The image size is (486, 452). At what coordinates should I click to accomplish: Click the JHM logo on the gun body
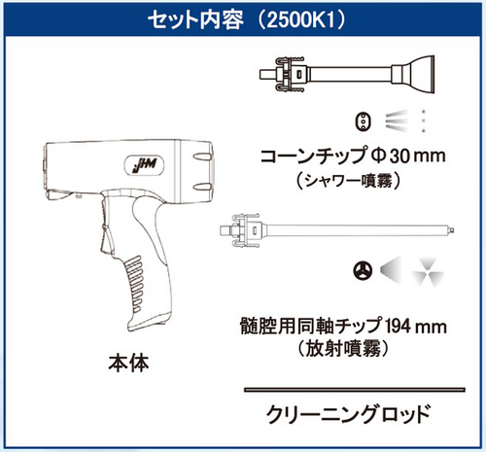(144, 166)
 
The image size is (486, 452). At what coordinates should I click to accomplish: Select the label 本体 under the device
(129, 364)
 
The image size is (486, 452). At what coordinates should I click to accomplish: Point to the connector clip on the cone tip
(290, 74)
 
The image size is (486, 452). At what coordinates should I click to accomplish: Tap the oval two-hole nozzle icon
(364, 122)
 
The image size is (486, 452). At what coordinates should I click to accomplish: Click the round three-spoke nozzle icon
(363, 270)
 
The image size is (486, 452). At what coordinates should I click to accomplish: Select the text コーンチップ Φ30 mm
(353, 156)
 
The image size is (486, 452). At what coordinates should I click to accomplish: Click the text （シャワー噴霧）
(348, 181)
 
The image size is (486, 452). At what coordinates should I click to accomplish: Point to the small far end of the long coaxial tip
(450, 230)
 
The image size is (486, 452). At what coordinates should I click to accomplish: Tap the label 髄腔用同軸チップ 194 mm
(343, 327)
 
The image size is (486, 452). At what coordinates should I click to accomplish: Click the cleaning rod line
(355, 390)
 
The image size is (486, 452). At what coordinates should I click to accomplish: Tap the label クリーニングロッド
(348, 414)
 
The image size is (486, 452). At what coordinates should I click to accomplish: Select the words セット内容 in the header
(195, 20)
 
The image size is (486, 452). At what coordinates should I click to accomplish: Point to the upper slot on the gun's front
(203, 156)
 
